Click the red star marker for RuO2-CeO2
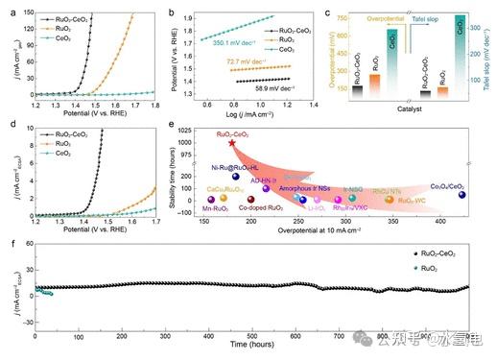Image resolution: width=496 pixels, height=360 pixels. tap(231, 142)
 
